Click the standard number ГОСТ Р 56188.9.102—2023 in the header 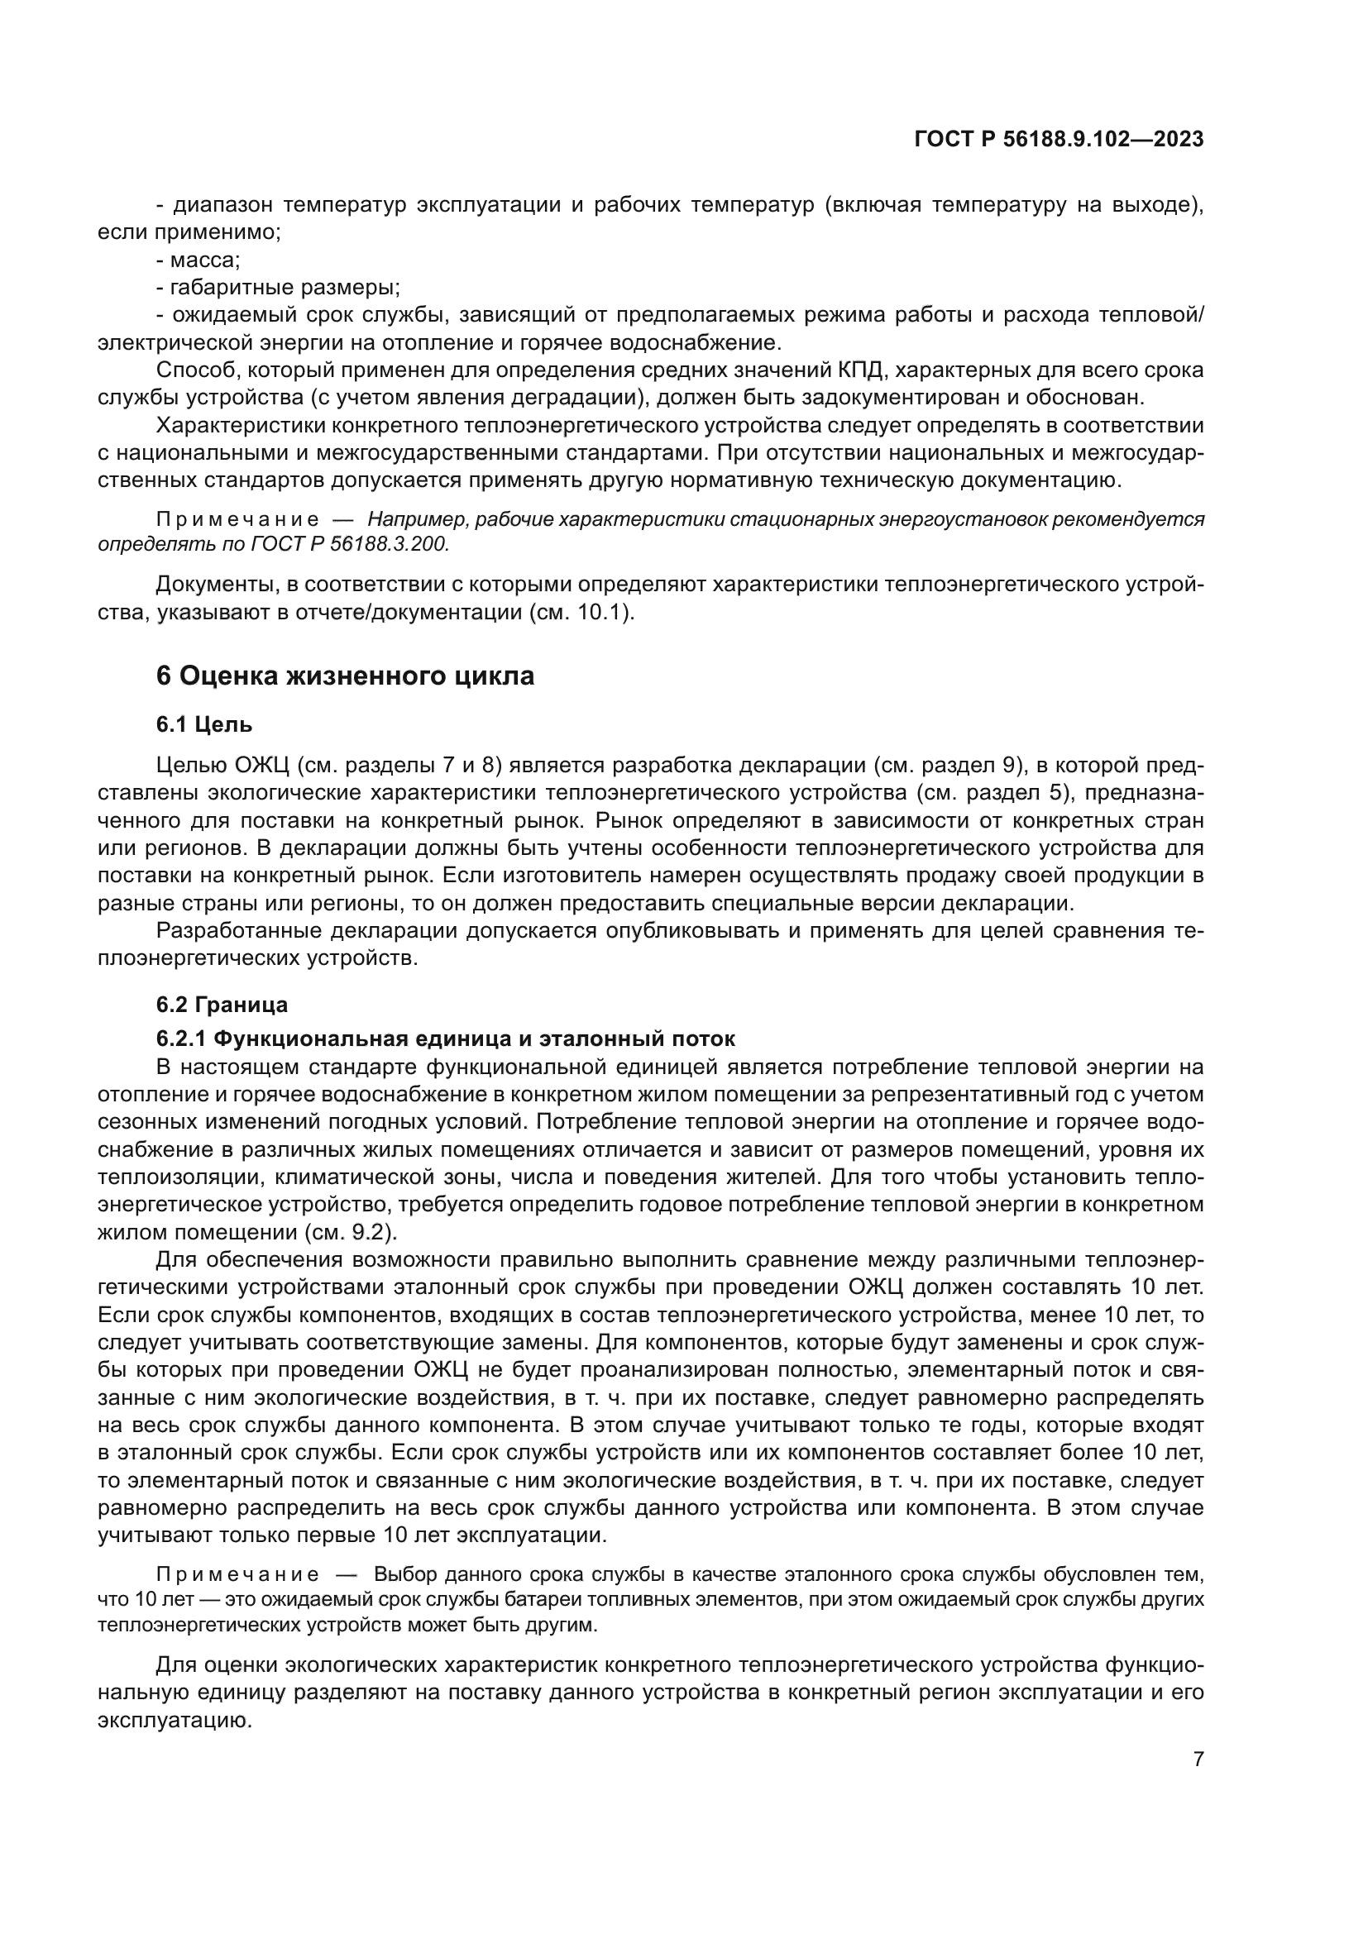pyautogui.click(x=1058, y=139)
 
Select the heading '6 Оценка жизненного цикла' pyautogui.click(x=346, y=676)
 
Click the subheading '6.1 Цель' pyautogui.click(x=203, y=723)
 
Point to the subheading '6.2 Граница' pyautogui.click(x=222, y=1004)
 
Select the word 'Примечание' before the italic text pyautogui.click(x=237, y=519)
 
